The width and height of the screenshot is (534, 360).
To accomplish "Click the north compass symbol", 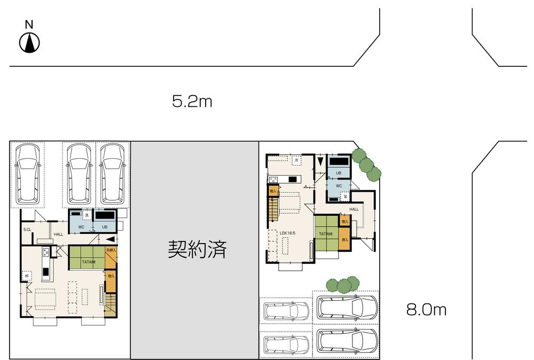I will [30, 42].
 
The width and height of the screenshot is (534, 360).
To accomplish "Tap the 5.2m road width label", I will [192, 101].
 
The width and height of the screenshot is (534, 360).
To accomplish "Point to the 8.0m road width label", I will [426, 309].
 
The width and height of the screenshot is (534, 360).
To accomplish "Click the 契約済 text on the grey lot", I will [198, 249].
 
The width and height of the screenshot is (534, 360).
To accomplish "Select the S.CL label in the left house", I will [27, 230].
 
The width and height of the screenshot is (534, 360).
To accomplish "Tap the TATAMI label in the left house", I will [89, 262].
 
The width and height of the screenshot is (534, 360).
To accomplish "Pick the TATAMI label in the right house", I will [326, 233].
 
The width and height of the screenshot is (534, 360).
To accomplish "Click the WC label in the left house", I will [81, 227].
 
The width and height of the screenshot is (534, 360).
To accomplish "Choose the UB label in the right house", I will [339, 173].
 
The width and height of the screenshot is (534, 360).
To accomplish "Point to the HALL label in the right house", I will [354, 209].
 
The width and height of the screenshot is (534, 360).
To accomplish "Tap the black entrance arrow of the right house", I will [319, 160].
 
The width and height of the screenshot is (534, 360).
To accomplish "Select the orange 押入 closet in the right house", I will [344, 240].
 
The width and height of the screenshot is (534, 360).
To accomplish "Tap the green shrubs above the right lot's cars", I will [341, 285].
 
